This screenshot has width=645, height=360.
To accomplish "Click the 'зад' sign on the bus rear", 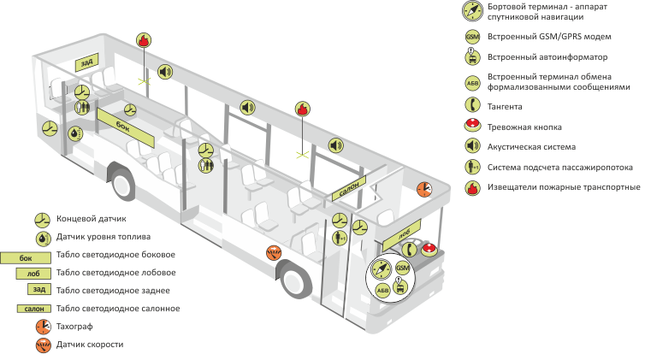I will tap(86, 62).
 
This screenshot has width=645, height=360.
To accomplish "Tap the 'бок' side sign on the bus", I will tap(122, 125).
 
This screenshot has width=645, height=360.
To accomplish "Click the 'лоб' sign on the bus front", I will tap(405, 232).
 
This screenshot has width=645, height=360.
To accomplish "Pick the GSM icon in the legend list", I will tap(471, 38).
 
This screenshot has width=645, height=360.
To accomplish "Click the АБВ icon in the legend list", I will tap(471, 82).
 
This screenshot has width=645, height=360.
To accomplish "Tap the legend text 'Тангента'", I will tap(504, 106).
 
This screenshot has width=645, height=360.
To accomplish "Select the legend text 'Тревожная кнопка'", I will tap(524, 127).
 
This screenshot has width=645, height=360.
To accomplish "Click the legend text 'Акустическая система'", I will tap(530, 146).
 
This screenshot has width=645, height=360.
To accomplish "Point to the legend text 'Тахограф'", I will tap(75, 326).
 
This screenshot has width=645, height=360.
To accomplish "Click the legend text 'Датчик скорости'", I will tap(90, 344).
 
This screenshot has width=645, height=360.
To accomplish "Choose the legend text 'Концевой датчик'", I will tap(90, 218).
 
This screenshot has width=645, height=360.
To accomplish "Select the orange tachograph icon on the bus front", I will tap(423, 188).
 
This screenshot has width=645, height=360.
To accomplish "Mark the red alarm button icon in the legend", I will tap(471, 127).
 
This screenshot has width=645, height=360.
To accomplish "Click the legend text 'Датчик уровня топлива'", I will tap(104, 237).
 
